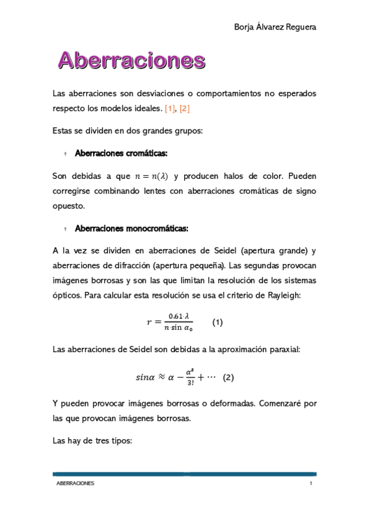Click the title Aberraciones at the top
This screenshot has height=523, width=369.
tap(131, 60)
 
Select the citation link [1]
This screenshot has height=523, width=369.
tap(170, 109)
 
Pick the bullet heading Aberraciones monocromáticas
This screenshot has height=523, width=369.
tap(131, 229)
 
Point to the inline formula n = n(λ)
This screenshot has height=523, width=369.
tap(152, 176)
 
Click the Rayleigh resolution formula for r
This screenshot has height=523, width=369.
tap(169, 321)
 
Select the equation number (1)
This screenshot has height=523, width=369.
tap(217, 322)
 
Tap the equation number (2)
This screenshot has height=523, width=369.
tap(229, 377)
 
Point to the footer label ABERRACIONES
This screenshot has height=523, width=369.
tap(75, 484)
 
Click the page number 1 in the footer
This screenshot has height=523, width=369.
tap(311, 484)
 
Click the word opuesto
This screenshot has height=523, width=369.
tap(68, 206)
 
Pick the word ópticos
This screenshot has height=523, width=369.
tap(67, 295)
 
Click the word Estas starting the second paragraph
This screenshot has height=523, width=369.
tap(64, 131)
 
